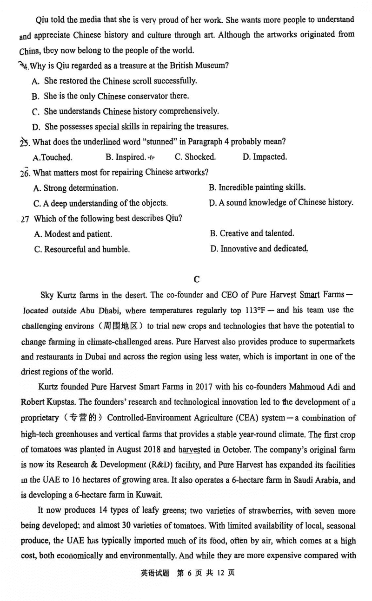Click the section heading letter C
(x=196, y=279)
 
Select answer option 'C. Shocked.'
(x=195, y=157)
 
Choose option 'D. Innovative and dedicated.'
(x=259, y=249)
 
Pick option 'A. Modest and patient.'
(x=73, y=234)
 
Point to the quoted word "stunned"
(x=156, y=142)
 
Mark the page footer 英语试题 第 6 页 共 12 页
(x=188, y=586)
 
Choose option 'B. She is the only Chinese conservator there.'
(x=110, y=96)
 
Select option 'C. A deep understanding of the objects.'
(x=101, y=203)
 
